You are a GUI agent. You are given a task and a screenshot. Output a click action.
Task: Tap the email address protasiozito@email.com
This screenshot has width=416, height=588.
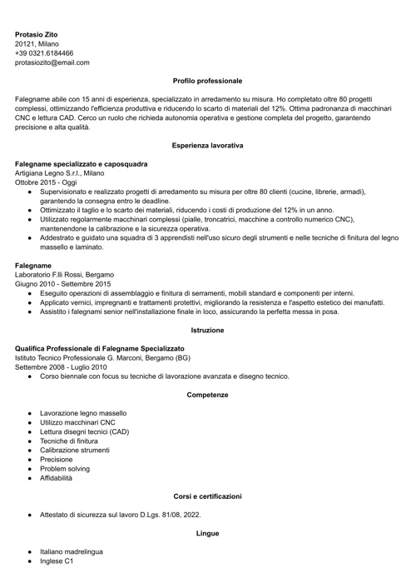point(52,62)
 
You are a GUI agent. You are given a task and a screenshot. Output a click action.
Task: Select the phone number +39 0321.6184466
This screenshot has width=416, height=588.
point(44,52)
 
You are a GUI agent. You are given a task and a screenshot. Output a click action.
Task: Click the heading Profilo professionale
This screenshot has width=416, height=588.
point(207,81)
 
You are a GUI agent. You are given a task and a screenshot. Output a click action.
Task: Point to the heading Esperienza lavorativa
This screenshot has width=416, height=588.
point(207,145)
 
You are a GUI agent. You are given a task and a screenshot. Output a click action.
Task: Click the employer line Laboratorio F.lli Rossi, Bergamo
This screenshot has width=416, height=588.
point(64,274)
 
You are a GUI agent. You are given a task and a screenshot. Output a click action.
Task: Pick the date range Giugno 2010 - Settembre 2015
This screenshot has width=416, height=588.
point(62,283)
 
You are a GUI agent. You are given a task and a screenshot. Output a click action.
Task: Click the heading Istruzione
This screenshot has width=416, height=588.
point(207,330)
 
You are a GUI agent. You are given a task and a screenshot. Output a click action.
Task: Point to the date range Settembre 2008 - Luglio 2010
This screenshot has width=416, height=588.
point(61,366)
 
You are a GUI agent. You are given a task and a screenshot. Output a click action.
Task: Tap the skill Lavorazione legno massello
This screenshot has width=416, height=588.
point(83,413)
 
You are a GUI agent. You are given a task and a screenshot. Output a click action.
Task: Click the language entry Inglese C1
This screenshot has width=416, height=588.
point(57,561)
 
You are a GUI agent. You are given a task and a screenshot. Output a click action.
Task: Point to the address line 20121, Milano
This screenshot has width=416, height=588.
point(37,43)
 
